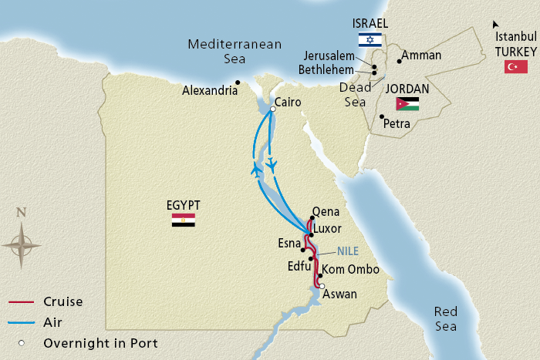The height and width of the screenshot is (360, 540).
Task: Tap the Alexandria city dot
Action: click(x=239, y=82)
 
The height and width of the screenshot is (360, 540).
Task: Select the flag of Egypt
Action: click(x=183, y=220)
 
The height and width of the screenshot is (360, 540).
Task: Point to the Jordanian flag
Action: click(x=407, y=104)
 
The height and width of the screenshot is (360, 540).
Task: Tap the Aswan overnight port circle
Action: click(x=322, y=285)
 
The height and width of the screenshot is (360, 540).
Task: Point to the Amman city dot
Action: click(x=399, y=61)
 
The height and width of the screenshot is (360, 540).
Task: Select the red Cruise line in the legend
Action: click(x=22, y=302)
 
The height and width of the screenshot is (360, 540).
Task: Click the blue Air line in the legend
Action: click(x=22, y=323)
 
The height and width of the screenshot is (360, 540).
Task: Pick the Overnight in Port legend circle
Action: click(x=23, y=343)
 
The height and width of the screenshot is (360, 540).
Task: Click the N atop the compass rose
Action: click(x=21, y=213)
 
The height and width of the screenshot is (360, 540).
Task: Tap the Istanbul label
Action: click(x=515, y=35)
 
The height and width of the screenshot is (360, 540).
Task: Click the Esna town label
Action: click(x=289, y=243)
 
